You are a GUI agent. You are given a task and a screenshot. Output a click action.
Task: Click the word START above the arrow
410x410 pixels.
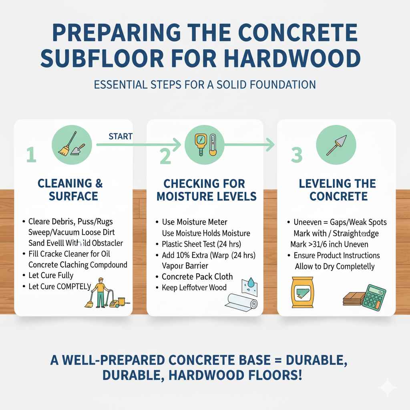point(121,136)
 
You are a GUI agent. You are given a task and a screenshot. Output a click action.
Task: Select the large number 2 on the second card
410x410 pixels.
point(165,156)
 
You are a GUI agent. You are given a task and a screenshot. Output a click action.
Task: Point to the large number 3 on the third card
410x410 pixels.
point(296,155)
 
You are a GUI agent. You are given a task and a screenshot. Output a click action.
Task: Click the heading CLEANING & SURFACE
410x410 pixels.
point(70,190)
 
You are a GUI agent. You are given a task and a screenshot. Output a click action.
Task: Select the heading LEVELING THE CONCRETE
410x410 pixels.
point(338,190)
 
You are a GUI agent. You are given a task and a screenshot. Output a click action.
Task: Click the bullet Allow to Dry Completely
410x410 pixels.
point(335,266)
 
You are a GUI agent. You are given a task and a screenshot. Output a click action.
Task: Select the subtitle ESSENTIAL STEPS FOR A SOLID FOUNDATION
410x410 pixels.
point(205,85)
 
